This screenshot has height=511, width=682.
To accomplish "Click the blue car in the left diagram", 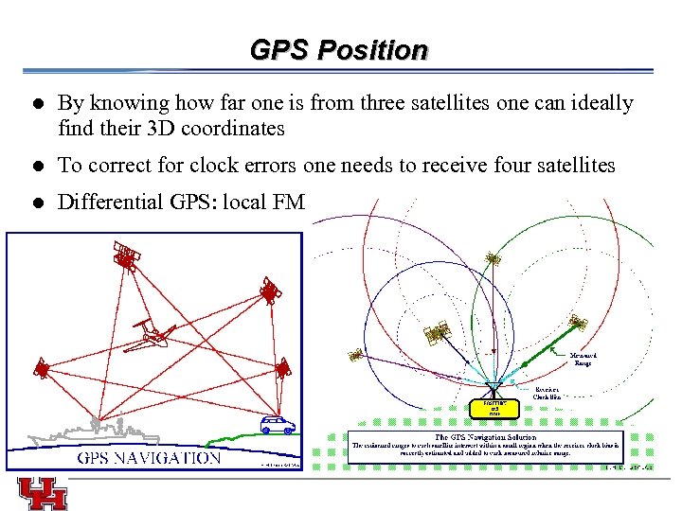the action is [278, 425].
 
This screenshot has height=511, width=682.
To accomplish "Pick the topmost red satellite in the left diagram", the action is [126, 255].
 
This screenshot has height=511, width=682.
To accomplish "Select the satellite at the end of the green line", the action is [578, 322].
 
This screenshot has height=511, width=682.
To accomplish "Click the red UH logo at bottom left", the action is [42, 492].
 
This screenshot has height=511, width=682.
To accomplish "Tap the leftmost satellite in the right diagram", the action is [355, 356].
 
